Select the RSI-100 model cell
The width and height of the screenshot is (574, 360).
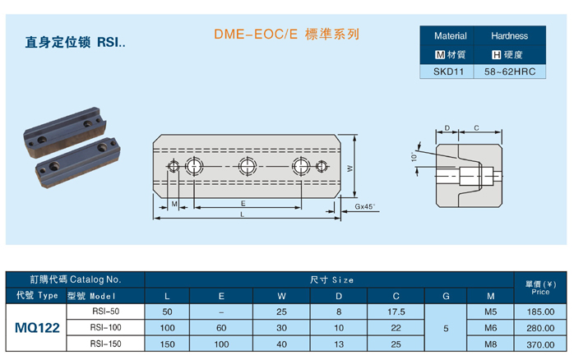105,328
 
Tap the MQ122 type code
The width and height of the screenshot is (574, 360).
37,328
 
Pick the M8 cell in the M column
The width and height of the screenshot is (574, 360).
491,344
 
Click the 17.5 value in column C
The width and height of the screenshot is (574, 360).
396,312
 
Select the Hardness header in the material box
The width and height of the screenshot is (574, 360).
509,36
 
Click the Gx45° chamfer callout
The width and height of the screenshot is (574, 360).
365,206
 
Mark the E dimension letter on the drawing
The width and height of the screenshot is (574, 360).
243,202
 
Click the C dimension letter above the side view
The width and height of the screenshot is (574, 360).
476,127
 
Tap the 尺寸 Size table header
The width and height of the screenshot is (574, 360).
330,280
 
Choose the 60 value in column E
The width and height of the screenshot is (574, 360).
221,328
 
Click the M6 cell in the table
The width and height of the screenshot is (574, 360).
491,328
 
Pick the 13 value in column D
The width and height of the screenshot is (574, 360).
339,344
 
